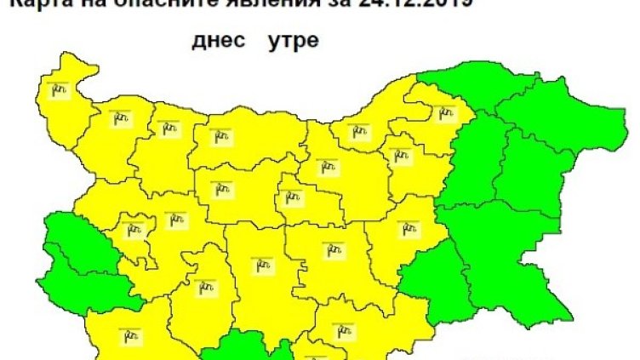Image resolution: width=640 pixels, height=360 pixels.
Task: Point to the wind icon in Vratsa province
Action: [167, 129]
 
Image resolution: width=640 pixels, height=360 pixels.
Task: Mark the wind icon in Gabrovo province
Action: [291, 197]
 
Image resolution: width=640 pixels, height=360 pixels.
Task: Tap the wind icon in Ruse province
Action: [360, 131]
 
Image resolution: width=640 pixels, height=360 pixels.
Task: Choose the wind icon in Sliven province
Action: [410, 228]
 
